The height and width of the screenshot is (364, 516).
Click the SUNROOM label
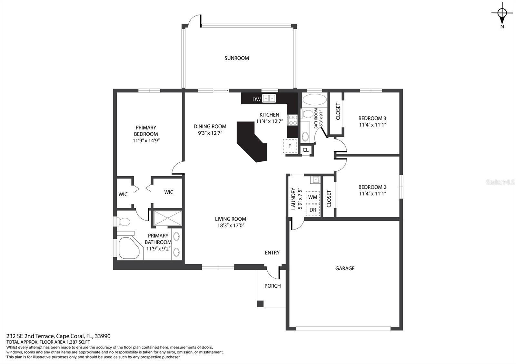[237, 58]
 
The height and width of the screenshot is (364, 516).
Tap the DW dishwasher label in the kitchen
[256, 100]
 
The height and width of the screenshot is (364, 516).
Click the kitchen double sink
[269, 99]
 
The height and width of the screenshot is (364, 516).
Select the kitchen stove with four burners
[293, 120]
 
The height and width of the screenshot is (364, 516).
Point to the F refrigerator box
[290, 146]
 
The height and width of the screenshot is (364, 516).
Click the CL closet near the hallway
[306, 150]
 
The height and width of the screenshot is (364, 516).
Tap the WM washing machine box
[313, 197]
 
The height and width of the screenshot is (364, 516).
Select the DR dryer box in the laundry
[313, 210]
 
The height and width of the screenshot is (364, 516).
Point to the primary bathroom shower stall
[168, 218]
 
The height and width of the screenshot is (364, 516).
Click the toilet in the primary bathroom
[123, 222]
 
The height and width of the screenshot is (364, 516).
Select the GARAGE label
[345, 268]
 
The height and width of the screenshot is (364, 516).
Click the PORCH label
[273, 286]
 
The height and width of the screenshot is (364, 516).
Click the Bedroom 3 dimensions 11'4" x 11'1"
[372, 125]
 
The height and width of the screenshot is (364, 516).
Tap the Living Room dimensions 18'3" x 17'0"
[231, 225]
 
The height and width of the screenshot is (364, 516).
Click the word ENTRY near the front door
[272, 253]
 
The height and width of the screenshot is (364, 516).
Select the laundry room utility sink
[315, 179]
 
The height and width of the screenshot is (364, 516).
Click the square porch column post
[260, 304]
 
